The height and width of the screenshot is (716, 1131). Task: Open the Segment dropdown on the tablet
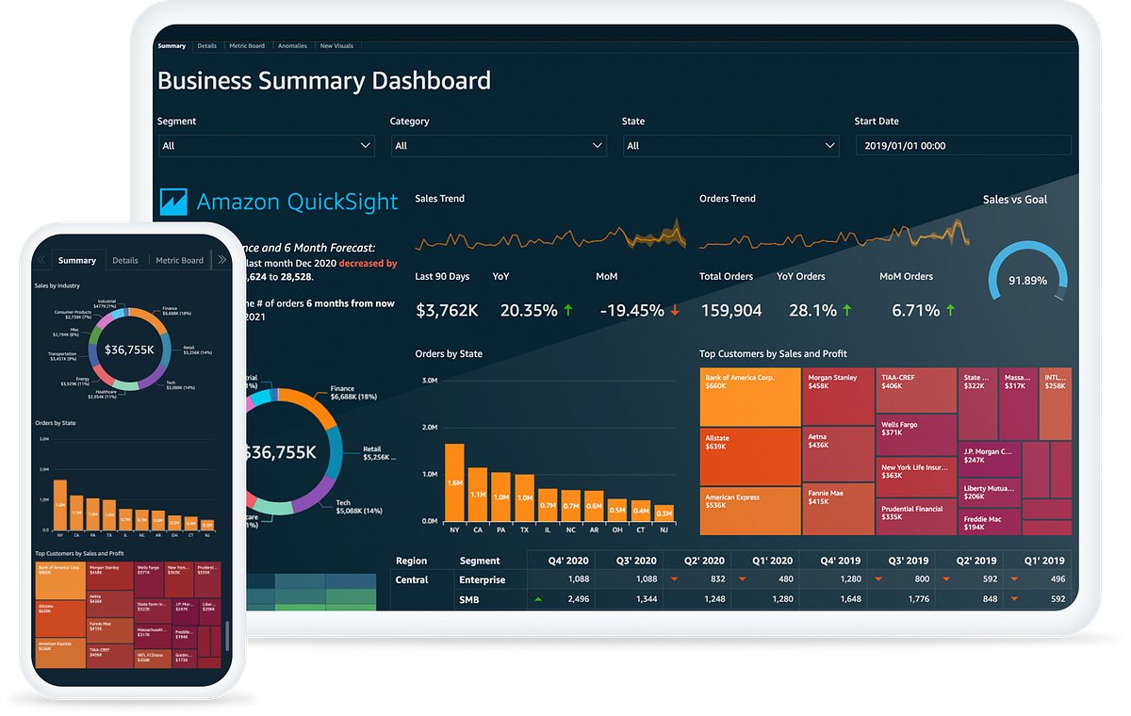(x=266, y=146)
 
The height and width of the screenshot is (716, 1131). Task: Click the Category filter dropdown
(x=498, y=146)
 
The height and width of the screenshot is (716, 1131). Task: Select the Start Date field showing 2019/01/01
(x=962, y=146)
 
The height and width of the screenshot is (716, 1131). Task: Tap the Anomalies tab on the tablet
(x=292, y=45)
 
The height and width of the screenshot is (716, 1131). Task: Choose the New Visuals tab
(x=336, y=45)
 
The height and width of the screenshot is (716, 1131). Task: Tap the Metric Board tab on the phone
(x=179, y=260)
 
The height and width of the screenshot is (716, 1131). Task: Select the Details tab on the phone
(x=125, y=260)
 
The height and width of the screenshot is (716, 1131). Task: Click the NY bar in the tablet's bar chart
(x=454, y=482)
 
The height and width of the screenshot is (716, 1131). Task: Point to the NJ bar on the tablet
(x=664, y=513)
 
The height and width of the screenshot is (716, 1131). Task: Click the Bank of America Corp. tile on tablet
(x=750, y=397)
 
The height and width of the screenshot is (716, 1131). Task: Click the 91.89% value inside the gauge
(x=1027, y=281)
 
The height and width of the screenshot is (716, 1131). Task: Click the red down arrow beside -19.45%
(x=675, y=310)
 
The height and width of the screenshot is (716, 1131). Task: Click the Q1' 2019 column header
(x=1041, y=561)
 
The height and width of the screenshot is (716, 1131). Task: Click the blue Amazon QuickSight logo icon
(x=174, y=201)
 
